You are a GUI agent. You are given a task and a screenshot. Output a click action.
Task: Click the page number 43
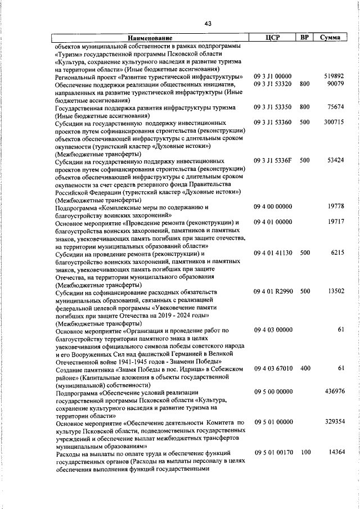[208, 23]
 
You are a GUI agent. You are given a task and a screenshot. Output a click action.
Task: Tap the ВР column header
[304, 38]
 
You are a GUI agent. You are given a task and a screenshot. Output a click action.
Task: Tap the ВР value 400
[305, 368]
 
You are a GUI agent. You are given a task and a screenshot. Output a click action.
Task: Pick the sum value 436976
[334, 391]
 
